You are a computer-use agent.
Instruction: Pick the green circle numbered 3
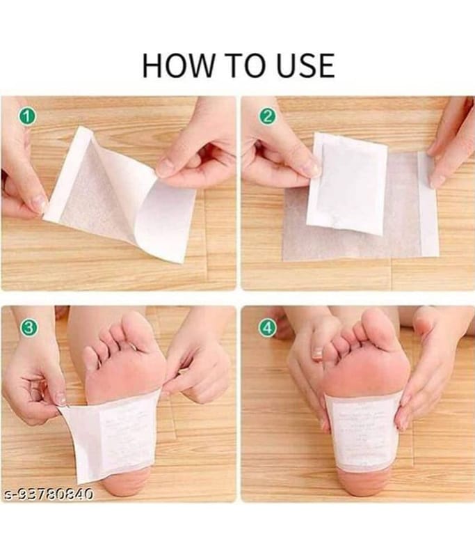pyautogui.click(x=26, y=327)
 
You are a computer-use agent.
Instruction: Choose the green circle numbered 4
pyautogui.click(x=268, y=327)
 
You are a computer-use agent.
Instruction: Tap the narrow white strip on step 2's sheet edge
pyautogui.click(x=428, y=202)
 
